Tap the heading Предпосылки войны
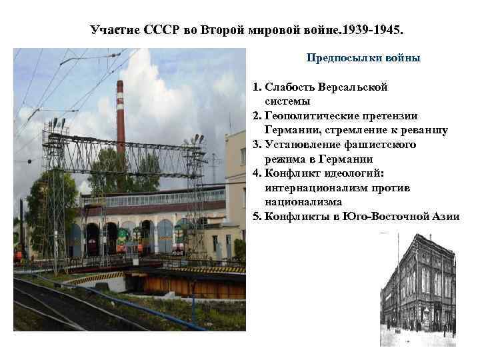(x=363, y=58)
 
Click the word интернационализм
(x=317, y=188)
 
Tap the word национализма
(x=303, y=202)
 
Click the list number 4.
(x=256, y=173)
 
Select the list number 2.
(x=256, y=116)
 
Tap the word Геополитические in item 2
(x=307, y=116)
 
